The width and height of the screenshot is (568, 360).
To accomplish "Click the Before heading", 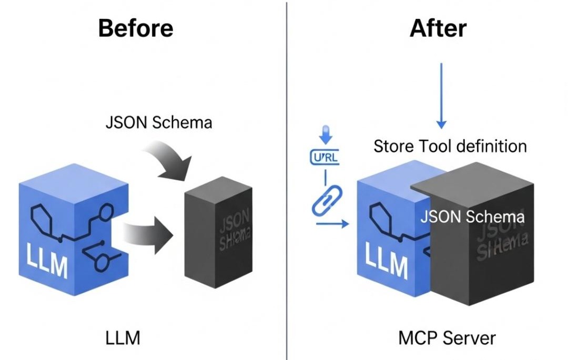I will click(x=136, y=28).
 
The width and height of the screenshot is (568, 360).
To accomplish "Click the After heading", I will click(x=438, y=28).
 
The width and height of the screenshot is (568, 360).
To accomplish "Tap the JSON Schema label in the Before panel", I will click(x=159, y=122).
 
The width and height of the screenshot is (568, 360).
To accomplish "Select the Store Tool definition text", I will click(x=450, y=146).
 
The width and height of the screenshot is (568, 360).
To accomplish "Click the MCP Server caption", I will click(x=447, y=338).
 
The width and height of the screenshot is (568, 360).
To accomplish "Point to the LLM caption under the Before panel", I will click(x=123, y=338).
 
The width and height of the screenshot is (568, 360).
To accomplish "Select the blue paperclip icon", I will click(x=327, y=200).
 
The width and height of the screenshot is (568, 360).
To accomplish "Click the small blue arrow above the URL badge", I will click(x=326, y=136).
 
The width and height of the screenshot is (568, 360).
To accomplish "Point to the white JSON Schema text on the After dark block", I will click(x=472, y=217).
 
